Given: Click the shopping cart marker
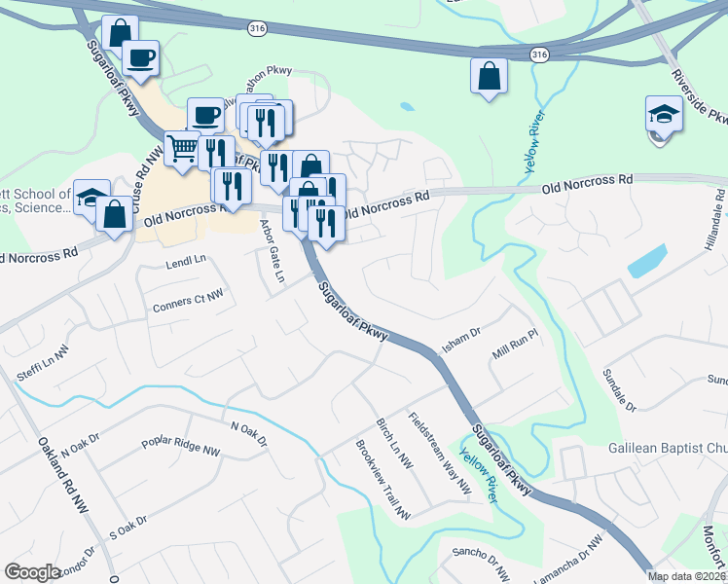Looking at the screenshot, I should click(182, 150).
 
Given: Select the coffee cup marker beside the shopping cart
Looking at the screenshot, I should click(205, 116).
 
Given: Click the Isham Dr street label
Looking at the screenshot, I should click(462, 335).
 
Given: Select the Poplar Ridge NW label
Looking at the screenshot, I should click(180, 441).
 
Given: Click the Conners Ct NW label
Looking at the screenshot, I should click(188, 300).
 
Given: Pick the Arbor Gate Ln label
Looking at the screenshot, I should click(269, 251).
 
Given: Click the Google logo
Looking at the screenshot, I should click(32, 572).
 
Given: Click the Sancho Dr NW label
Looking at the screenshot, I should click(480, 564).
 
